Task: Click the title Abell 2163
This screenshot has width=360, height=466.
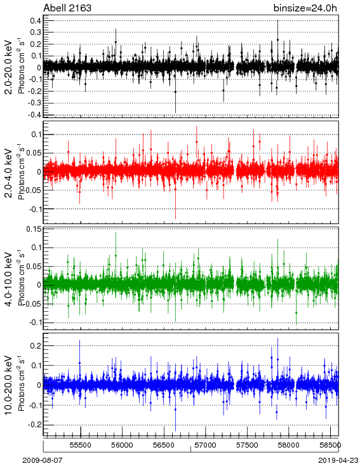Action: [67, 8]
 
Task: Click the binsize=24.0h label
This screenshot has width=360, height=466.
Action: [305, 8]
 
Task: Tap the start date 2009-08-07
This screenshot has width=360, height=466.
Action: [43, 460]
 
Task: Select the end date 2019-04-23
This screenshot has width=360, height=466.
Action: [338, 460]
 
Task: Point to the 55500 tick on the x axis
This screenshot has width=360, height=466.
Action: [80, 445]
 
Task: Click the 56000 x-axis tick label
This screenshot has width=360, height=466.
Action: [122, 445]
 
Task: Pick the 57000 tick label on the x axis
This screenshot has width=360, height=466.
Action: [206, 445]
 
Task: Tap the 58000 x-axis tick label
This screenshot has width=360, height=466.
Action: [289, 445]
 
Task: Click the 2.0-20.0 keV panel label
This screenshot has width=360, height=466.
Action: [9, 67]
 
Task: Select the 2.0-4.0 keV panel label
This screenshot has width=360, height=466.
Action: [9, 173]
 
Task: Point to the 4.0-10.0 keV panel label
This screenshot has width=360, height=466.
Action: [9, 279]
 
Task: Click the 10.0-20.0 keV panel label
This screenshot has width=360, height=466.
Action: [9, 385]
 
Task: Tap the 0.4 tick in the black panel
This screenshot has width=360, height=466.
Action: [36, 20]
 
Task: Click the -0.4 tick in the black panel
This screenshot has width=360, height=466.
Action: [34, 115]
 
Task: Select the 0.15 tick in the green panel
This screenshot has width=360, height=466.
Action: [34, 229]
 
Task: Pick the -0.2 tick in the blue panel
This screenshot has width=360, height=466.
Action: [34, 425]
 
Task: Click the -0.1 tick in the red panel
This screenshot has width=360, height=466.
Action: [34, 209]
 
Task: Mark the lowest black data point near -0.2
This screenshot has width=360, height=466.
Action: [175, 92]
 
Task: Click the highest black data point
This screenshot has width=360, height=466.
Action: [277, 39]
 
